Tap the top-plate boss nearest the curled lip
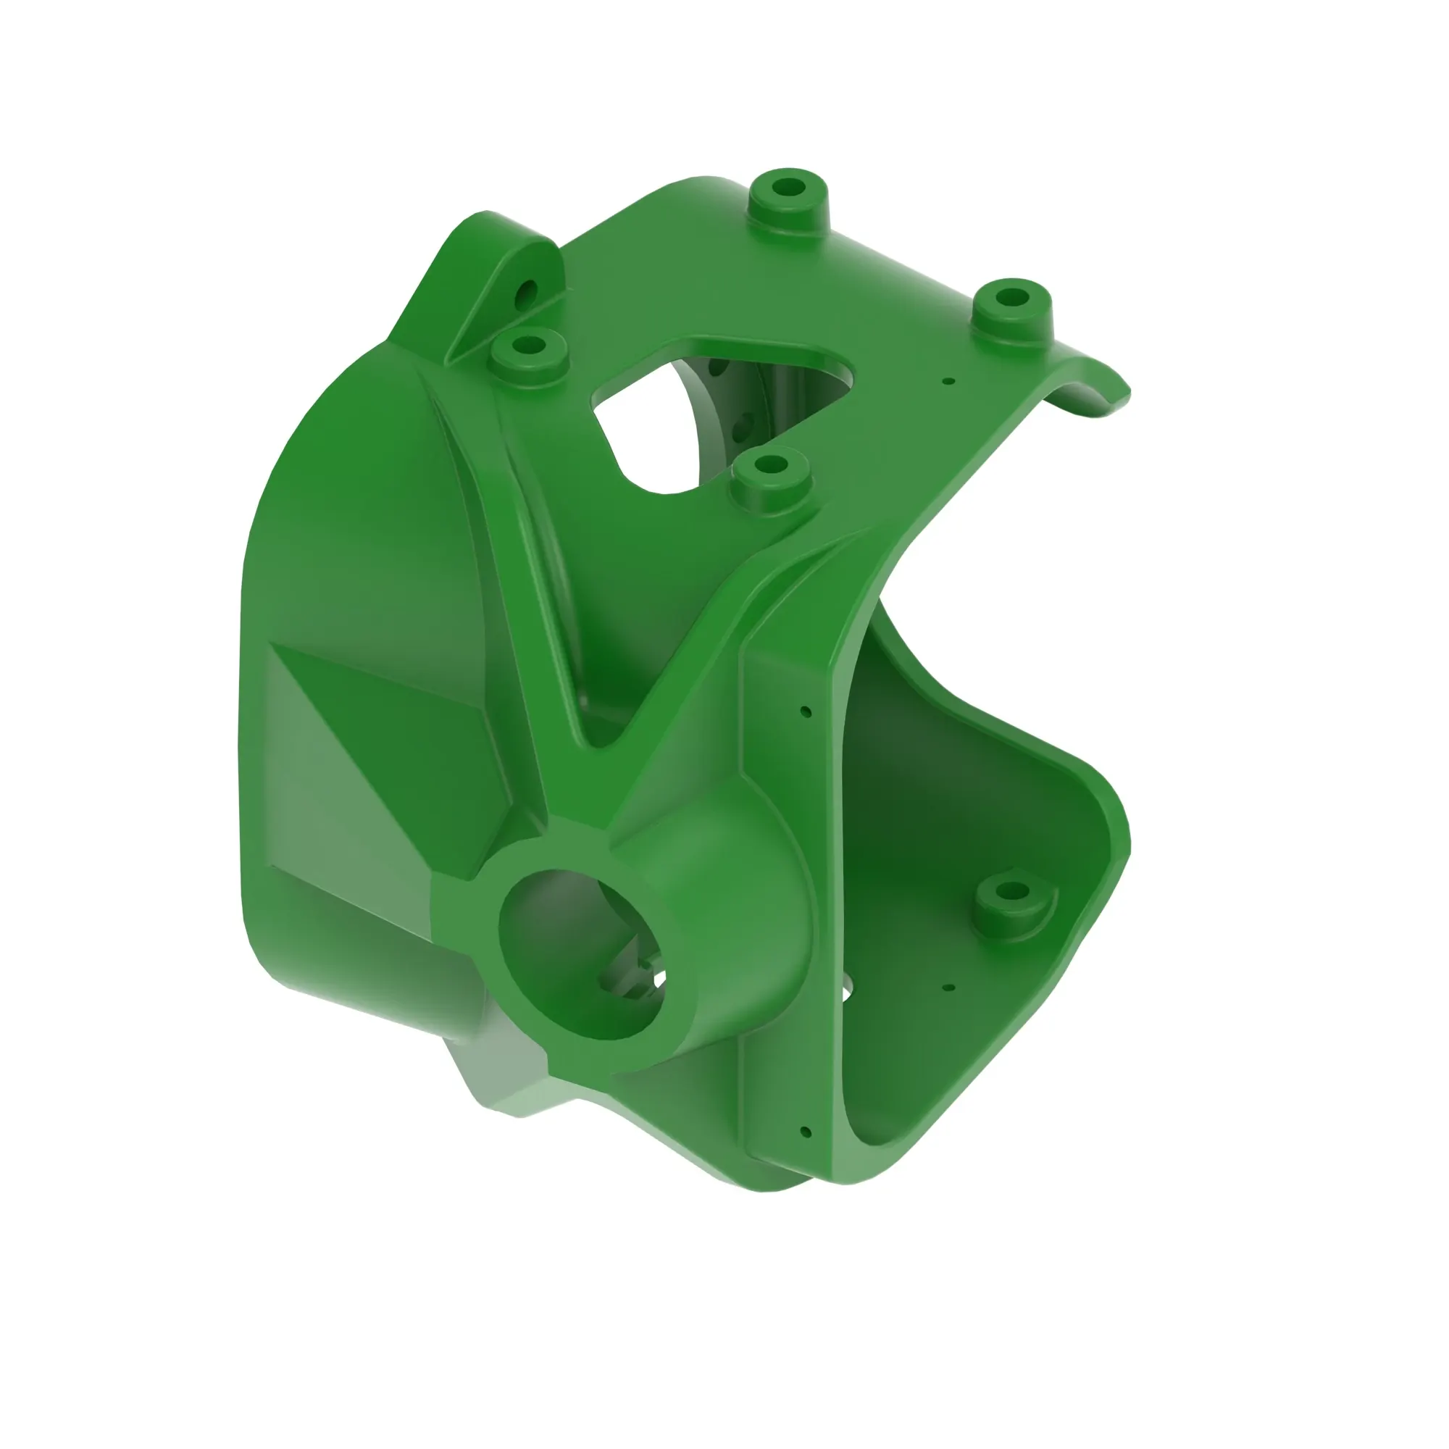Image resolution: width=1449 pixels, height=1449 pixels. coord(1011,298)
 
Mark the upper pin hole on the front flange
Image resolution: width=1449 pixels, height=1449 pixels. coord(806,711)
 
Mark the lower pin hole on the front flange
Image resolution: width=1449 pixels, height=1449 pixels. coord(806,1132)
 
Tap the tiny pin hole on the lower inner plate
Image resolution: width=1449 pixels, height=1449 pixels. coord(949,987)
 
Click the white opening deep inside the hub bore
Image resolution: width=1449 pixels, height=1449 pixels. coord(659,979)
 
